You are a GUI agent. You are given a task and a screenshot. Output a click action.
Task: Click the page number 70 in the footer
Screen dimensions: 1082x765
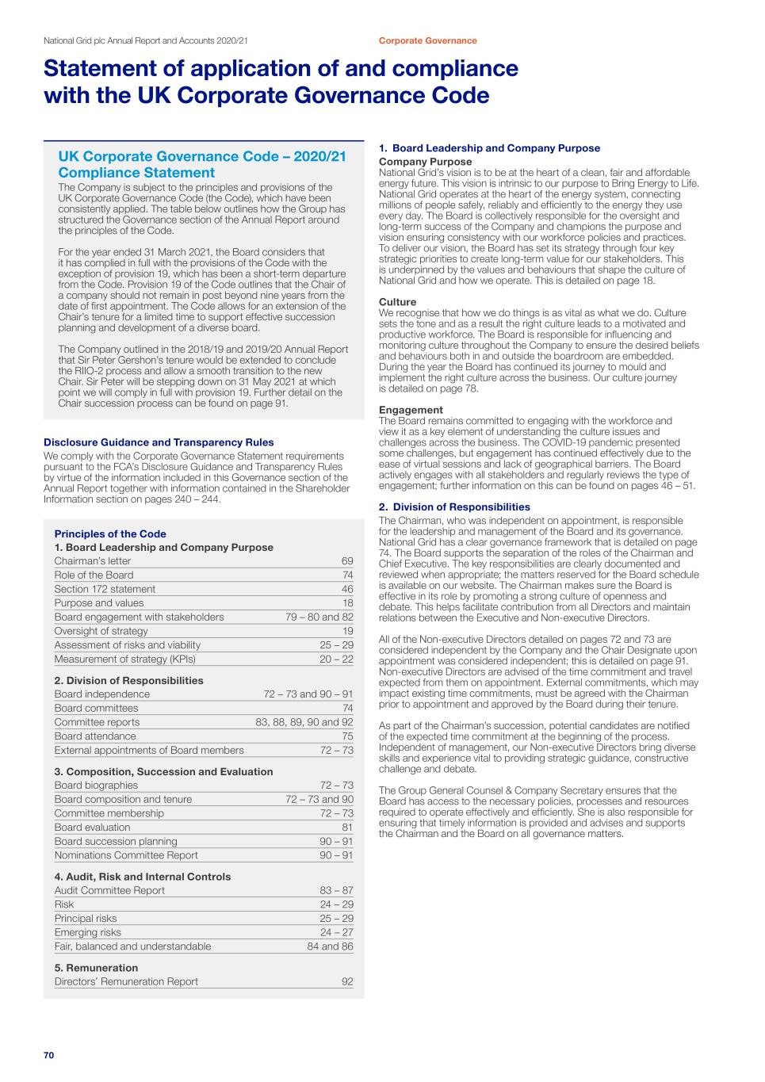[48, 1055]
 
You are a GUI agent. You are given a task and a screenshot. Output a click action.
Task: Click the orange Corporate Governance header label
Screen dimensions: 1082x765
[427, 40]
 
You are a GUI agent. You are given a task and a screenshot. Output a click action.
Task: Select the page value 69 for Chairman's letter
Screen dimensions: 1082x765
[347, 561]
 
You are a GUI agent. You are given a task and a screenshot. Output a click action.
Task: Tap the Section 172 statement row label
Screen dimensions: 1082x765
[105, 589]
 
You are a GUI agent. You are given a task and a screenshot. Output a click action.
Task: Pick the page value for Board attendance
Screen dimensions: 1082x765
[347, 736]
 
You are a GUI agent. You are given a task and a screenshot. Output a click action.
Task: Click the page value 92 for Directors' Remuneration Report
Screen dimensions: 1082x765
[347, 982]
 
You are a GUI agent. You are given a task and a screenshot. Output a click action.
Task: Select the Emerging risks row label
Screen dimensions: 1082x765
[88, 933]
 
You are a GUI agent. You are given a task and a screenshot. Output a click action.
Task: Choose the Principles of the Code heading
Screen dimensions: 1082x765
[110, 534]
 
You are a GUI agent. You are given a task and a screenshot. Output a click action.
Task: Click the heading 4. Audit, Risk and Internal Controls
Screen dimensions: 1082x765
[143, 877]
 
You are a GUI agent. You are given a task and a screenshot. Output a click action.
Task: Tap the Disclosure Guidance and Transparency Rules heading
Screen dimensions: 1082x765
[159, 442]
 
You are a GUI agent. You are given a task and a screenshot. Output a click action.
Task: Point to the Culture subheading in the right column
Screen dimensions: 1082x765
[397, 302]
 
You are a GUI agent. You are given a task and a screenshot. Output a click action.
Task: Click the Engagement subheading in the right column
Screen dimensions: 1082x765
[411, 410]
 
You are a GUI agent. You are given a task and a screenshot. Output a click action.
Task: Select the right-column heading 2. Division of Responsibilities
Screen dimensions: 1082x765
[454, 507]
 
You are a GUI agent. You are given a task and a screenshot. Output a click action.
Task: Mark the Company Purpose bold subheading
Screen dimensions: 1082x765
[425, 162]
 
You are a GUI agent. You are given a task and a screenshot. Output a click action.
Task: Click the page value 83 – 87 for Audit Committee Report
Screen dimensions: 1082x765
[336, 891]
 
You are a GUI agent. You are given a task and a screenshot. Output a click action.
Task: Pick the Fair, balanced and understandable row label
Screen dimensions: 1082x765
[132, 946]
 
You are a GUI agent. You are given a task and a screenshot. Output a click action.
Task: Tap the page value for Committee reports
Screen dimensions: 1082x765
[304, 722]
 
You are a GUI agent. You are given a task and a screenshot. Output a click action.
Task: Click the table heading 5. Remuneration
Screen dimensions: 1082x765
[96, 968]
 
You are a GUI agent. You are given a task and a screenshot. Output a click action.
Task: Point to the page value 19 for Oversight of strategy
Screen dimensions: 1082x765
[347, 631]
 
